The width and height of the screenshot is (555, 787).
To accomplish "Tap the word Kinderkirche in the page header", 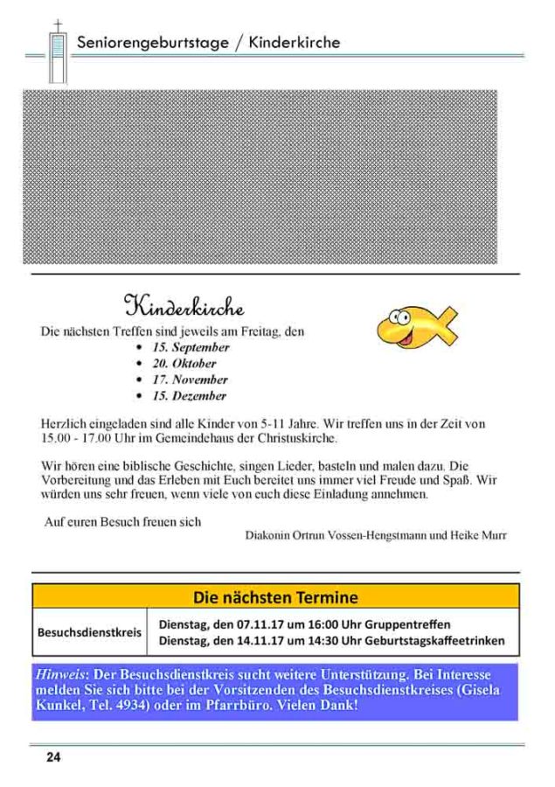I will pos(294,42).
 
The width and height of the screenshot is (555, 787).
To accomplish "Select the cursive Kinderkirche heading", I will pos(184,307).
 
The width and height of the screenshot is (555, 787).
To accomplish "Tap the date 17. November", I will pos(190,380).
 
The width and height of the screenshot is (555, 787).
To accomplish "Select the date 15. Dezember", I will pos(190,396).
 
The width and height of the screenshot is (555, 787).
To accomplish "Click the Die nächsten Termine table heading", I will pos(275,598).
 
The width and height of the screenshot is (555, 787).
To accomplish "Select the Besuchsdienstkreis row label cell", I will pos(89,632).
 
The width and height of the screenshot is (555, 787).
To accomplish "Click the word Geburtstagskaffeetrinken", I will pos(436,641).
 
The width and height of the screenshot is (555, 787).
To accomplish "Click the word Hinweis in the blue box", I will pos(59,675).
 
